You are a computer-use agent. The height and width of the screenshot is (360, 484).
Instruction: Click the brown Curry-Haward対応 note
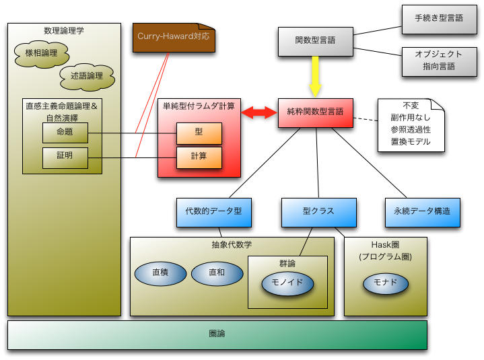coord(173,37)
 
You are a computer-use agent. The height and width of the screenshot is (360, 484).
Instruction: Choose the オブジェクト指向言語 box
coord(438,60)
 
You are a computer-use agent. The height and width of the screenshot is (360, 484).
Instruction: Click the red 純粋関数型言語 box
coord(314,112)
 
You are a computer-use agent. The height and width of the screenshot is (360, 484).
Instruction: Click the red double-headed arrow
coord(260,112)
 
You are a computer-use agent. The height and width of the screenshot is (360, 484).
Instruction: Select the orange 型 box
coord(199,133)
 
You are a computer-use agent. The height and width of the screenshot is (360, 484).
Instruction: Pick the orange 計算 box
coord(199,156)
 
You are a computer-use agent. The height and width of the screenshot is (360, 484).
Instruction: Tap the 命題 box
coord(65,133)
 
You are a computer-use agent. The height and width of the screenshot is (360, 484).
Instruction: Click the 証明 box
coord(65,156)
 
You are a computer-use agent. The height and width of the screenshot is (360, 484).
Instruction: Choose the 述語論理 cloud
coord(86,76)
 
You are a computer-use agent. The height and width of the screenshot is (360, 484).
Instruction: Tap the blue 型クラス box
coord(318,211)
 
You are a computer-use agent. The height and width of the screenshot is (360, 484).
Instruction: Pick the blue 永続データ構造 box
coord(422,211)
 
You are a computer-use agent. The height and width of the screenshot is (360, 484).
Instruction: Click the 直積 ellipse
coord(160,273)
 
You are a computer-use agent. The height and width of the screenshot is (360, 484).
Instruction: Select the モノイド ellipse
coord(287,283)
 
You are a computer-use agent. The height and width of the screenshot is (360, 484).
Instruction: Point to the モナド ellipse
coord(386,283)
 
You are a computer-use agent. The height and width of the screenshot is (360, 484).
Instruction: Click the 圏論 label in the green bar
coord(217,334)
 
